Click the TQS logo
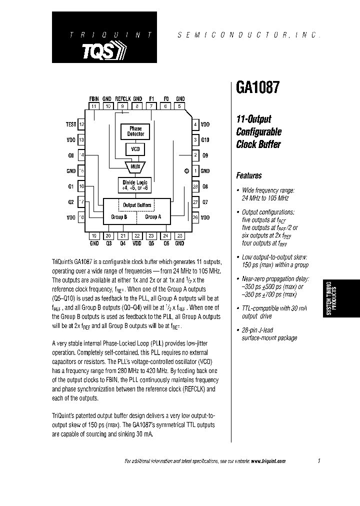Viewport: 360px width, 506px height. (104, 50)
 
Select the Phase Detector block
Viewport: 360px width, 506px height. (135, 131)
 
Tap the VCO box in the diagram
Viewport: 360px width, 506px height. (135, 149)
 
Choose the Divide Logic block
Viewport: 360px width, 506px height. (135, 185)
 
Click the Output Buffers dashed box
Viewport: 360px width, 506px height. (137, 205)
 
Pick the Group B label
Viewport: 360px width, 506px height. (119, 217)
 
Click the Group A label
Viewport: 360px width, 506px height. (153, 217)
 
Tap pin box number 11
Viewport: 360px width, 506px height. (93, 106)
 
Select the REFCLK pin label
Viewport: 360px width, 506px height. (122, 99)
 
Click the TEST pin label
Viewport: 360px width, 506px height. (70, 124)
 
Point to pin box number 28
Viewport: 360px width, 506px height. (195, 186)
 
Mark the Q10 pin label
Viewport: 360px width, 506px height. (205, 140)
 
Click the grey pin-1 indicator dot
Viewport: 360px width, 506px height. (186, 171)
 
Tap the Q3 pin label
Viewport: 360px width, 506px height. (108, 243)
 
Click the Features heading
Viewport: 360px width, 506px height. (249, 175)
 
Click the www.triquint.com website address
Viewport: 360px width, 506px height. (268, 461)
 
